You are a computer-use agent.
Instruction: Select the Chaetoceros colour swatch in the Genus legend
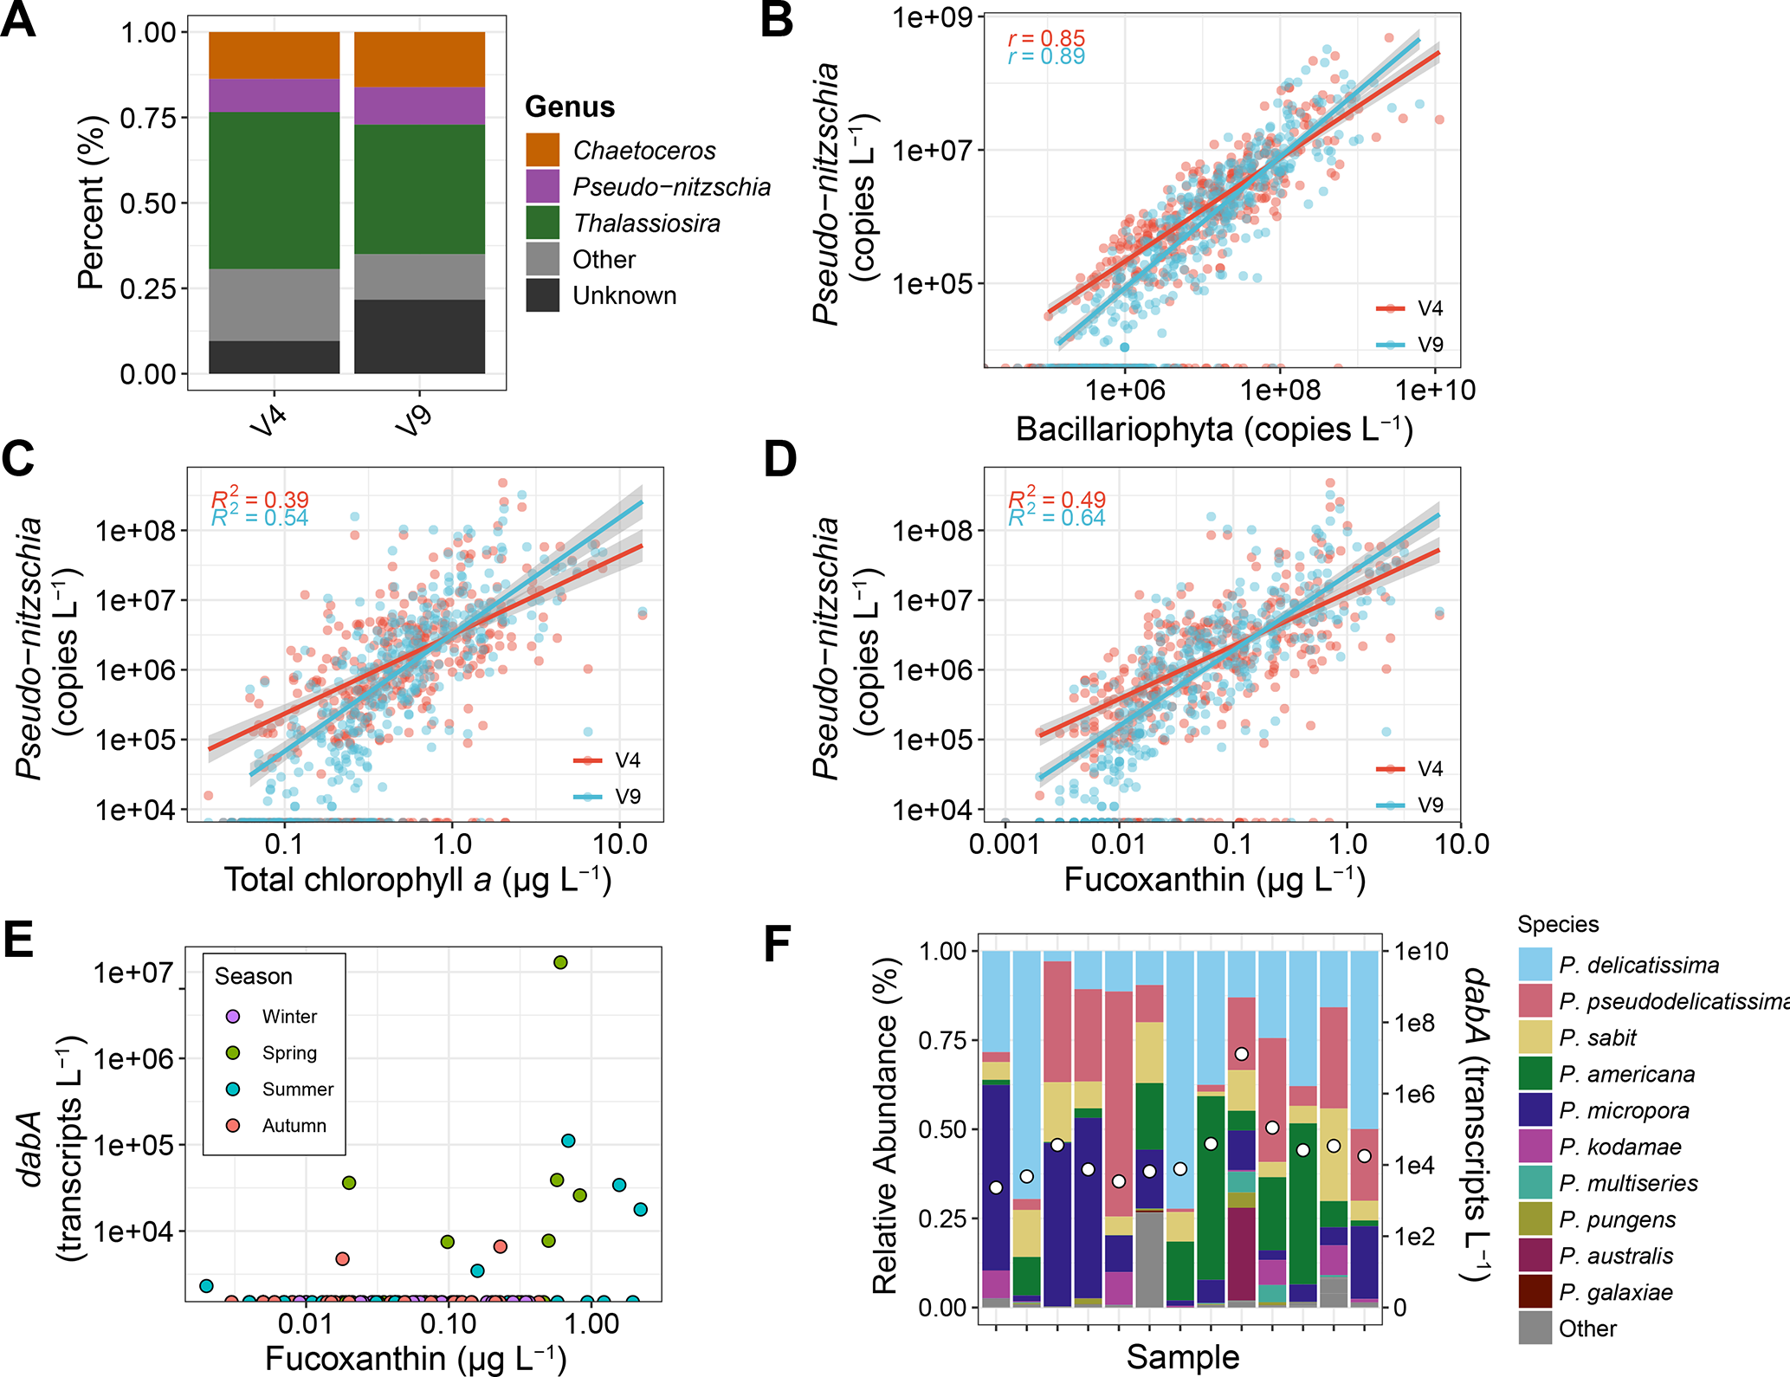(x=543, y=150)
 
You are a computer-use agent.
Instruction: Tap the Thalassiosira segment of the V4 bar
(x=274, y=191)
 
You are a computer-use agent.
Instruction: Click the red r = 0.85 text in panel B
(x=1046, y=38)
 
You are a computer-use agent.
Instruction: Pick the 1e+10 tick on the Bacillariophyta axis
(x=1435, y=391)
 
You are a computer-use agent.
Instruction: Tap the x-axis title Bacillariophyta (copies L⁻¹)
(x=1214, y=430)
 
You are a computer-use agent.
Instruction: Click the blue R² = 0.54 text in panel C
(x=260, y=518)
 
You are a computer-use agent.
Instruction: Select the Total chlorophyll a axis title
(x=417, y=880)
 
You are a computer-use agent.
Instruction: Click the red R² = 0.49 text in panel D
(x=1057, y=499)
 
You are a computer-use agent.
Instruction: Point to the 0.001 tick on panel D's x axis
(x=1004, y=844)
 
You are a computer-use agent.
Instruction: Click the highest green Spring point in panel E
(x=560, y=962)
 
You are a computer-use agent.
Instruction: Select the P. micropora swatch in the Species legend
(x=1535, y=1110)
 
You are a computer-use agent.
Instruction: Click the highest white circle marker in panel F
(x=1242, y=1054)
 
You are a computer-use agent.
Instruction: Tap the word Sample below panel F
(x=1182, y=1356)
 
